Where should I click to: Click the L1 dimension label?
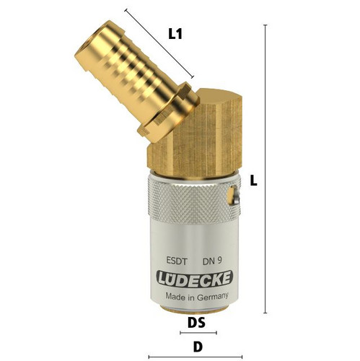pos(175,34)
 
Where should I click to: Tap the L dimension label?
pos(253,180)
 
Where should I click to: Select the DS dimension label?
pos(196,323)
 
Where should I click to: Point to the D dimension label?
pos(198,347)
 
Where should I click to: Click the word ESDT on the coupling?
pos(177,261)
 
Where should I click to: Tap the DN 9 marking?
pos(212,261)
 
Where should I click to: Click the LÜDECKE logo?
pos(194,279)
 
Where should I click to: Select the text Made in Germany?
pos(197,296)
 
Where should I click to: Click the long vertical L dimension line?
pos(265,169)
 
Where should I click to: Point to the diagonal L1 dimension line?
pos(159,43)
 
